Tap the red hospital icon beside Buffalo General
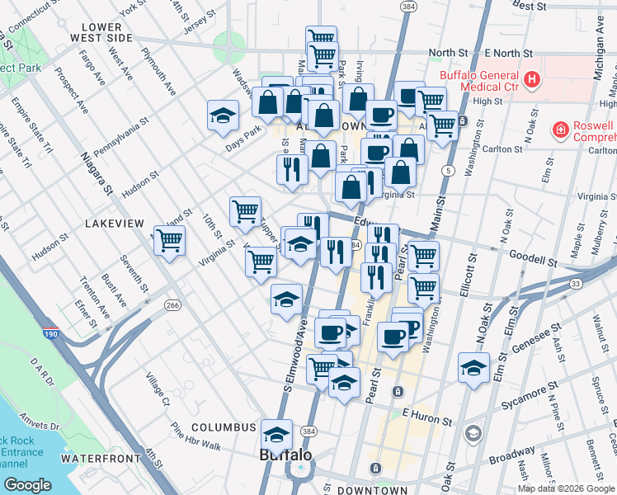click(533, 80)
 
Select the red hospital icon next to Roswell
click(560, 130)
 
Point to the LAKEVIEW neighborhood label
click(114, 224)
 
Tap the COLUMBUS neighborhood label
click(224, 427)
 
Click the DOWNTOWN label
click(372, 490)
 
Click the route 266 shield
click(172, 305)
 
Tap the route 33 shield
click(575, 283)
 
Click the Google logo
click(27, 485)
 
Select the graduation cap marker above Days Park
click(223, 115)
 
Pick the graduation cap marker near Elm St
click(473, 368)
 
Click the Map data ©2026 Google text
click(565, 488)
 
